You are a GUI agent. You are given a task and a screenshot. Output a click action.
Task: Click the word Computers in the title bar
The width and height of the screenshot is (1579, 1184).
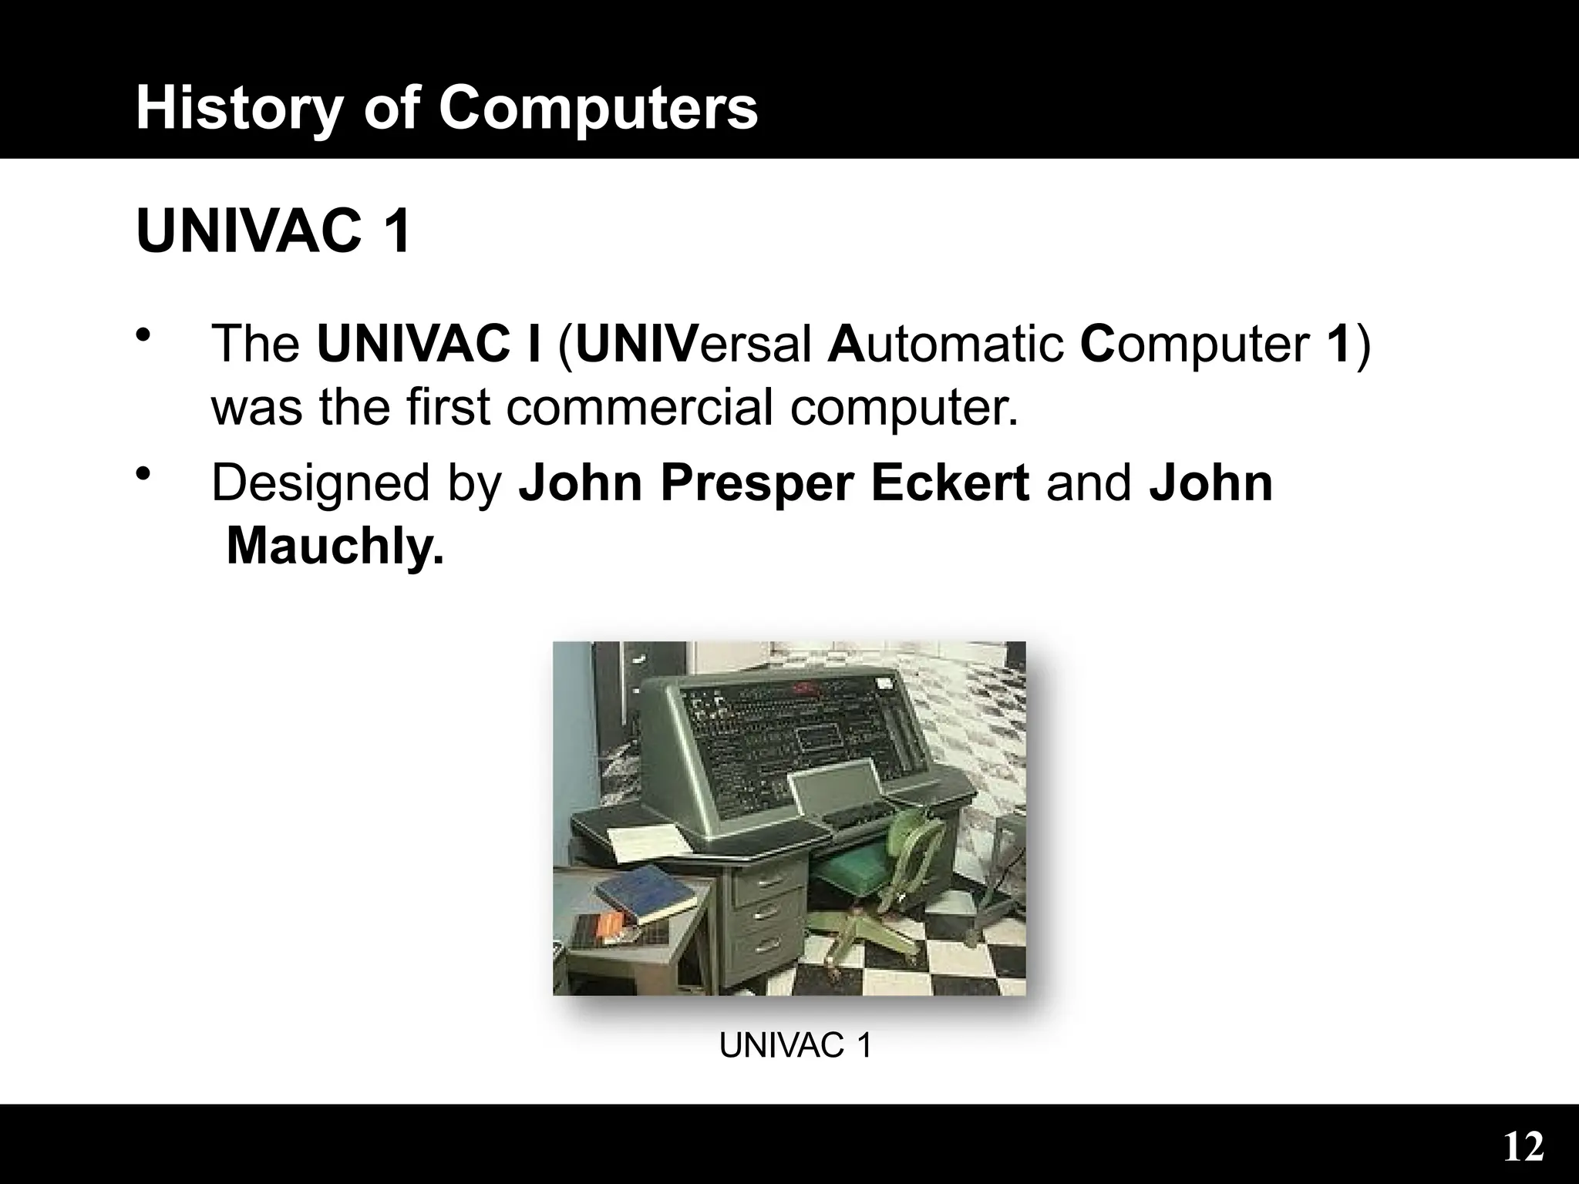point(598,108)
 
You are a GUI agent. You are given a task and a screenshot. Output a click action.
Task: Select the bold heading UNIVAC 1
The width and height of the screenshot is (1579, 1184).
point(274,230)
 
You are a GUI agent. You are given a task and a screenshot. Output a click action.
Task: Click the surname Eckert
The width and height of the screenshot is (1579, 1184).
point(950,483)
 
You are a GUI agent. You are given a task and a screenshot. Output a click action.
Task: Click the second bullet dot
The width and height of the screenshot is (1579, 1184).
point(142,476)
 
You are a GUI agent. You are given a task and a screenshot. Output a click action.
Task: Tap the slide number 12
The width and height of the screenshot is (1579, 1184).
point(1523,1148)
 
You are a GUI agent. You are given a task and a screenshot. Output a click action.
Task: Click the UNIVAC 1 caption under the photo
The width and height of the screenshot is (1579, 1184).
point(795,1046)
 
